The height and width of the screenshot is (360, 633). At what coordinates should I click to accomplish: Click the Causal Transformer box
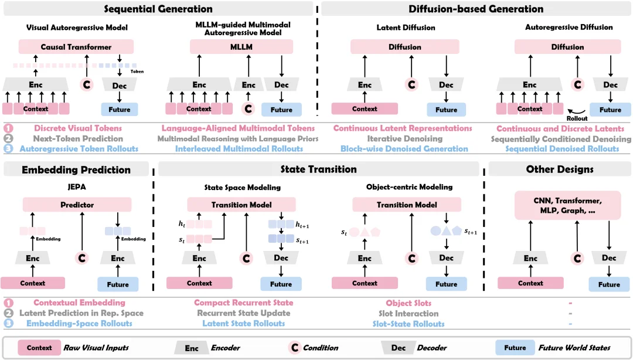pos(76,47)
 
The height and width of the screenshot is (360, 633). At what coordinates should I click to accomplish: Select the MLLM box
pos(241,47)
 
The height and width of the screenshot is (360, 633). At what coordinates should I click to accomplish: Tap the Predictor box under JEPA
pos(77,205)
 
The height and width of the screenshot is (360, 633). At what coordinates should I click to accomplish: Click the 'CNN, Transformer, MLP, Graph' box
pos(567,206)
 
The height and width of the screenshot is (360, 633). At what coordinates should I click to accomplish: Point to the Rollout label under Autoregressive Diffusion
pos(577,118)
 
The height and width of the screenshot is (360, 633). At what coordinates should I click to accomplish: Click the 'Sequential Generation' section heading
pos(158,9)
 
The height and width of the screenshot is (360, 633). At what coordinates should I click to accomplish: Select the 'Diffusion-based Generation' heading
pos(476,9)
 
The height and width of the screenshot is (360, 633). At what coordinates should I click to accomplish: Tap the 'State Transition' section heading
pos(318,169)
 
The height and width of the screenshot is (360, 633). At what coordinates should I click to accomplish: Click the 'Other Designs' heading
pos(560,169)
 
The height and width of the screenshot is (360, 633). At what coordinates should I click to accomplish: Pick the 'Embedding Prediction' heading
pos(76,169)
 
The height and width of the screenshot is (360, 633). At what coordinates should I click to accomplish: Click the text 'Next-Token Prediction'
pos(78,138)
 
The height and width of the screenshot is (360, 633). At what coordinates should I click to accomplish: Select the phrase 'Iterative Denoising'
pos(404,138)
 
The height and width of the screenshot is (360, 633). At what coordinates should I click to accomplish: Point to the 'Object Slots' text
pos(409,303)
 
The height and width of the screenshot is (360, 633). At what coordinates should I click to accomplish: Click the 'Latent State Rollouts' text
pos(243,323)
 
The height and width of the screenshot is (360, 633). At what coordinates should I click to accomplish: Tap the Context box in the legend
pos(39,348)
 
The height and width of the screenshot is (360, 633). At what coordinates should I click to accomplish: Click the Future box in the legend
pos(515,348)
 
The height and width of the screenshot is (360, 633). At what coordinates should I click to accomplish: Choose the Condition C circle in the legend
pos(295,348)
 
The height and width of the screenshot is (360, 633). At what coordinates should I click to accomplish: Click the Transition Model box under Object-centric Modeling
pos(407,205)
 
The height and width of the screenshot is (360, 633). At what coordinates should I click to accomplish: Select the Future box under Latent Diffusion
pos(446,110)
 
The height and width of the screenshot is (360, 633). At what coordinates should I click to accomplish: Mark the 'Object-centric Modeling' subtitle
pos(409,187)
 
